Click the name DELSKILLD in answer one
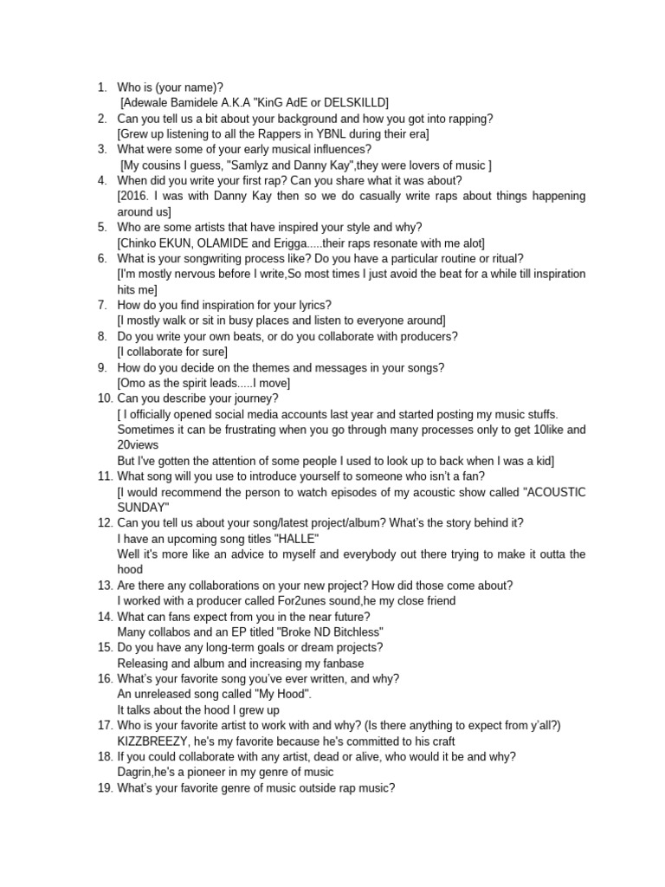pyautogui.click(x=352, y=103)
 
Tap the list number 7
pyautogui.click(x=101, y=306)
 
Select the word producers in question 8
pyautogui.click(x=429, y=337)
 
